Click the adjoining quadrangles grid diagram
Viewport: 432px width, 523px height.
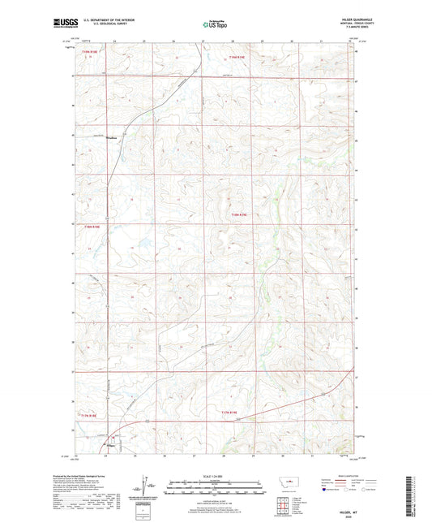[286, 499]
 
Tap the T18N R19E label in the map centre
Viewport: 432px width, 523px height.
[237, 215]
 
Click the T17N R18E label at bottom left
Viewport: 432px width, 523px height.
[90, 416]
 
